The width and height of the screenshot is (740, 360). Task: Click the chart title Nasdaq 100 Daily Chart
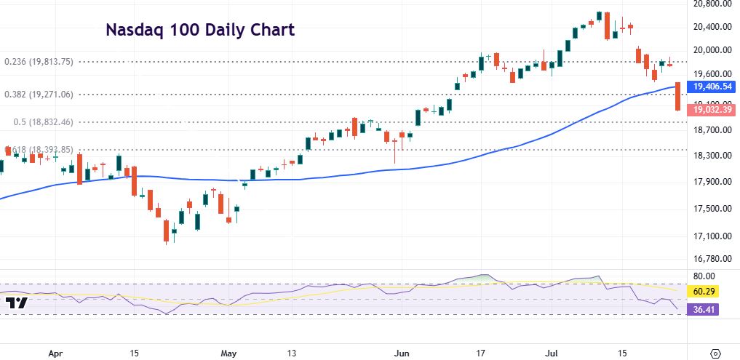[x=200, y=30]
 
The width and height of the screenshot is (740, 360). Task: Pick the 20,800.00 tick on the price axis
[x=712, y=4]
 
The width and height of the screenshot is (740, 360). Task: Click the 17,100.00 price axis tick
[x=712, y=236]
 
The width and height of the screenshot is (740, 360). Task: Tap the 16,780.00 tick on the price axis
[x=712, y=259]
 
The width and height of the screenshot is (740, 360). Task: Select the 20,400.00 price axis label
[x=712, y=27]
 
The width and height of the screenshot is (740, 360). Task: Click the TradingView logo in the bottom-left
[x=16, y=303]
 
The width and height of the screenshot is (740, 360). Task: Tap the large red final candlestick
[x=678, y=96]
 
